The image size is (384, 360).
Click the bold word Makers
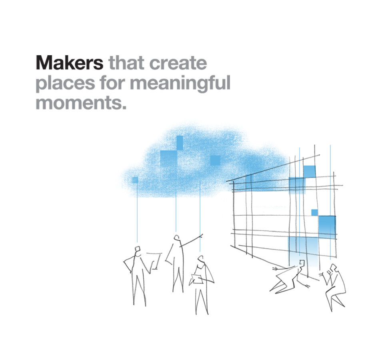[x=70, y=63]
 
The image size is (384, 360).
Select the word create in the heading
[x=178, y=63]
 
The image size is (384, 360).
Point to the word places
[x=65, y=84]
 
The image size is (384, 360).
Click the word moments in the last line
[x=79, y=103]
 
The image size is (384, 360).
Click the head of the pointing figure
[x=176, y=238]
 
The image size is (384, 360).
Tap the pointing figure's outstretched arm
[x=192, y=240]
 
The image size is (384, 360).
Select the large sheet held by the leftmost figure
[x=154, y=260]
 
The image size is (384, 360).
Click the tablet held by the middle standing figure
[x=197, y=279]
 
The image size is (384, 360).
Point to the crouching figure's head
[x=302, y=263]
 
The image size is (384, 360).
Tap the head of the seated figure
[x=332, y=267]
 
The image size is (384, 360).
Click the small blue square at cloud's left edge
[x=135, y=180]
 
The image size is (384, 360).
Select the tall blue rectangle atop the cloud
[x=180, y=143]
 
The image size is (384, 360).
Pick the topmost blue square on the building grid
[x=310, y=172]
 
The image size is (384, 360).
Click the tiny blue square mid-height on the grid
[x=314, y=212]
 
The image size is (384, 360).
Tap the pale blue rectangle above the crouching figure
[x=303, y=251]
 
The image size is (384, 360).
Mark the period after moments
[x=124, y=107]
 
